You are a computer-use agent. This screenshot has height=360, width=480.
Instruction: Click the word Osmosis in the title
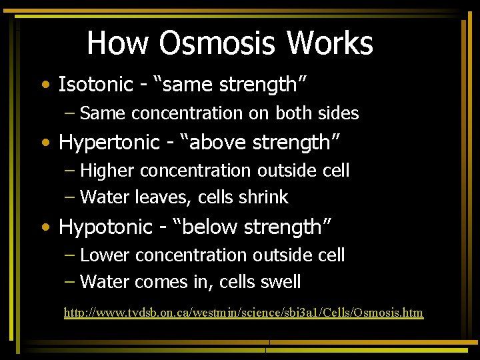tap(218, 43)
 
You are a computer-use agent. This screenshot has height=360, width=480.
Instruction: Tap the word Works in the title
tap(329, 43)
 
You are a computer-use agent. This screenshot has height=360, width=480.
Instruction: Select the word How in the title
tap(119, 43)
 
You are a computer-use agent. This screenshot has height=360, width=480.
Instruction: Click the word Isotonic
tap(96, 85)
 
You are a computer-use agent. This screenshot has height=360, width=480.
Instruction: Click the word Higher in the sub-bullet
tap(108, 171)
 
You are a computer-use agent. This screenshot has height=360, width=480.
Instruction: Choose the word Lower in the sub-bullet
tap(105, 255)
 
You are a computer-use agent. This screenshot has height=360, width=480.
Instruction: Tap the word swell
tap(282, 282)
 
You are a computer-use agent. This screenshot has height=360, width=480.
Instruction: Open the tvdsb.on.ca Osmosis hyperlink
tap(243, 313)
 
